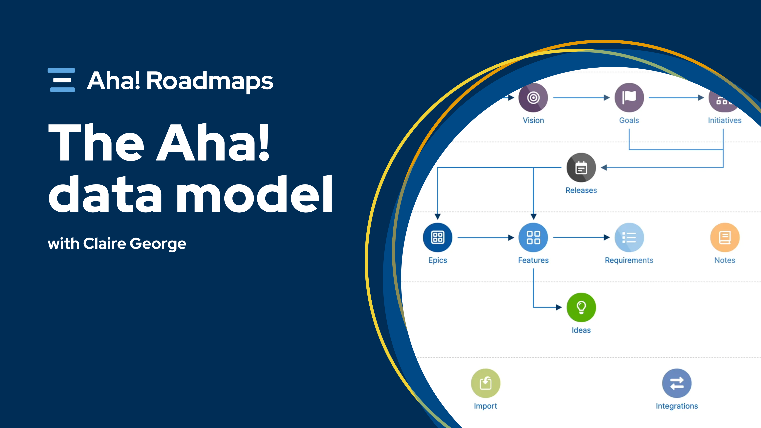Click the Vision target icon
tap(533, 97)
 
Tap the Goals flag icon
tap(629, 97)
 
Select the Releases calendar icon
tap(581, 167)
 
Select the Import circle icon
tap(485, 383)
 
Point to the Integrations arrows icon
tap(677, 383)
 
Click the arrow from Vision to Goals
tap(581, 97)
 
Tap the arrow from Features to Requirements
tap(581, 237)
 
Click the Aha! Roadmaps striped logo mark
tap(61, 80)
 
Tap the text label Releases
tap(581, 190)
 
